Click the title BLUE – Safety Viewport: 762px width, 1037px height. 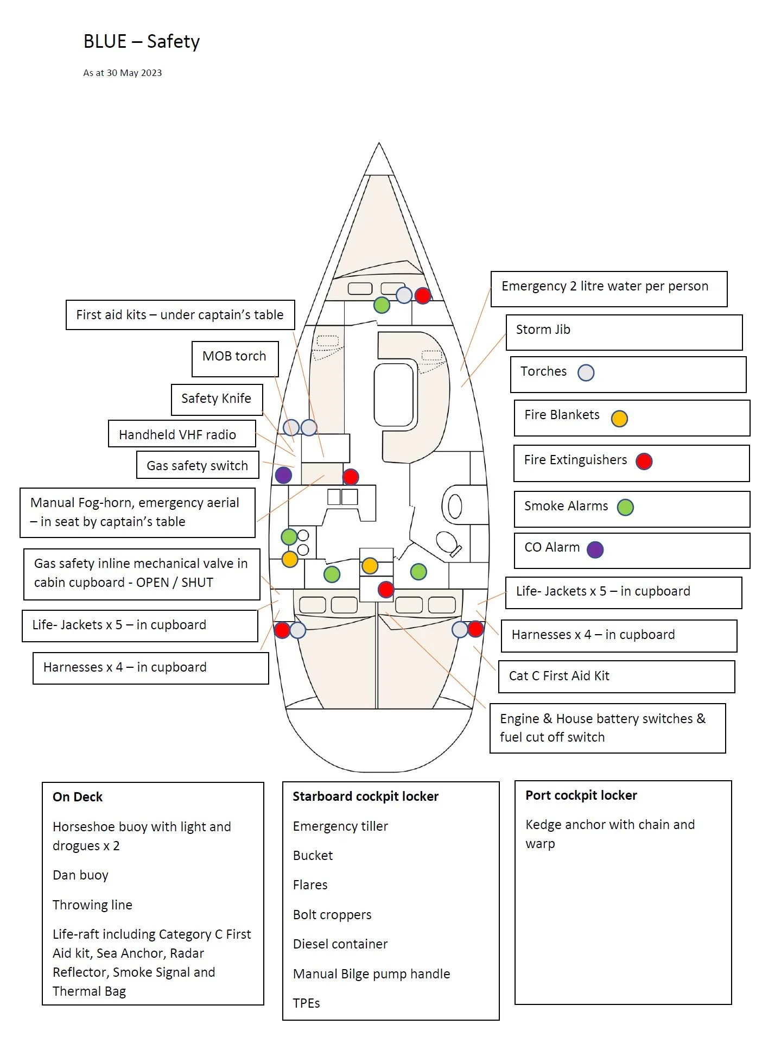click(142, 42)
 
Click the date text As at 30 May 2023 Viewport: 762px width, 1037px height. click(123, 73)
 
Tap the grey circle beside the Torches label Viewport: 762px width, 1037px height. click(586, 373)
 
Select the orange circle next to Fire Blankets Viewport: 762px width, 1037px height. click(619, 419)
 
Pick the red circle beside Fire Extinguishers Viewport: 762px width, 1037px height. click(644, 461)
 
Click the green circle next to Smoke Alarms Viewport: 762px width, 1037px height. click(625, 507)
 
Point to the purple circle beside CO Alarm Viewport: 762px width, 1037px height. click(595, 549)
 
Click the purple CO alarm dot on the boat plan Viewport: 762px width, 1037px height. click(283, 475)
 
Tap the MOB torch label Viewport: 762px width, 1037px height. click(234, 356)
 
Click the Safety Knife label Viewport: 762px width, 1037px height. click(216, 399)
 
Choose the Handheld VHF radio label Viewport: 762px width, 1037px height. click(177, 435)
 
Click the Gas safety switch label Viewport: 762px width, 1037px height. click(197, 466)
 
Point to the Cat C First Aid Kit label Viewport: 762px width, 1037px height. click(559, 676)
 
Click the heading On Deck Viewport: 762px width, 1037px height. click(78, 797)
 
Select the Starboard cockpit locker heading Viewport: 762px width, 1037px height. click(365, 796)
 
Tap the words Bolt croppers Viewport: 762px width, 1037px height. click(332, 915)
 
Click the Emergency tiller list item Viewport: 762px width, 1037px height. click(340, 826)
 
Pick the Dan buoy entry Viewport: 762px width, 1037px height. click(80, 875)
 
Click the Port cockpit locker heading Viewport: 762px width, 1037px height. click(581, 795)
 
